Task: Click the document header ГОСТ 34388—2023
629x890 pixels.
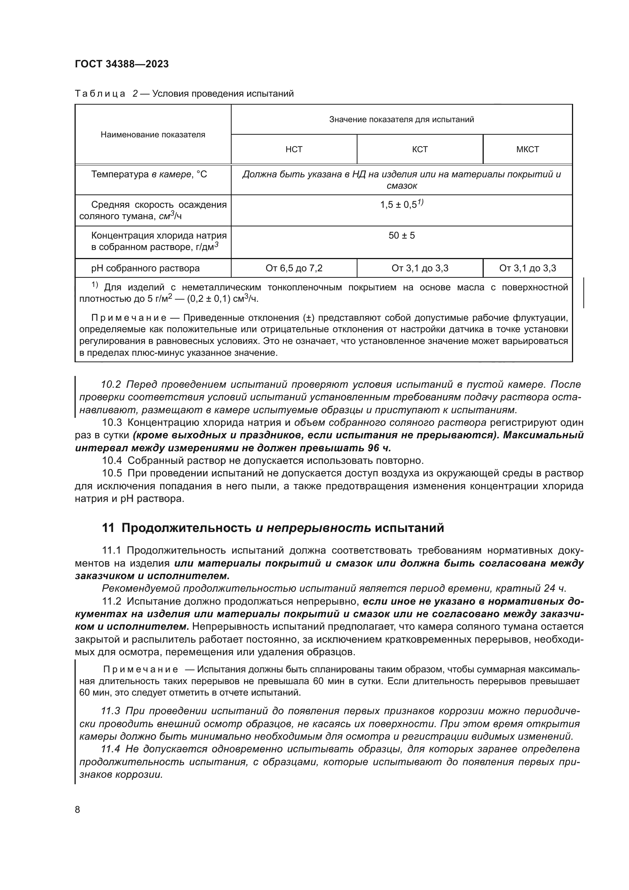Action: pos(122,64)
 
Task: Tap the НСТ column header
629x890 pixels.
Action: pos(294,150)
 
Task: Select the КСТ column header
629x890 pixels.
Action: pos(420,150)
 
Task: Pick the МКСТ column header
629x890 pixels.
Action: pos(527,150)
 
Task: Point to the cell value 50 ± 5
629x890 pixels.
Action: pos(402,236)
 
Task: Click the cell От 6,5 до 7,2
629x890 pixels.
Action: pos(294,268)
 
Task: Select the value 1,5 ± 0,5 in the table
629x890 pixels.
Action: pos(399,205)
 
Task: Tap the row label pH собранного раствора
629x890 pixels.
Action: pos(145,268)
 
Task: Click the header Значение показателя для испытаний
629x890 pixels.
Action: pos(402,119)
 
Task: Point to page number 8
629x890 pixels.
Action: pos(78,809)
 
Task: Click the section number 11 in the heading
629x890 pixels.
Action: pos(108,528)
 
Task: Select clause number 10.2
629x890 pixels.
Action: pos(111,385)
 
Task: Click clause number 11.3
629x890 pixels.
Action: pos(111,711)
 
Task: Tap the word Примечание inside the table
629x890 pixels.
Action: pos(129,318)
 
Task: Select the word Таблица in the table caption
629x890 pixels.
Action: pos(100,94)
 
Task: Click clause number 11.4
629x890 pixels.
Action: pos(111,749)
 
